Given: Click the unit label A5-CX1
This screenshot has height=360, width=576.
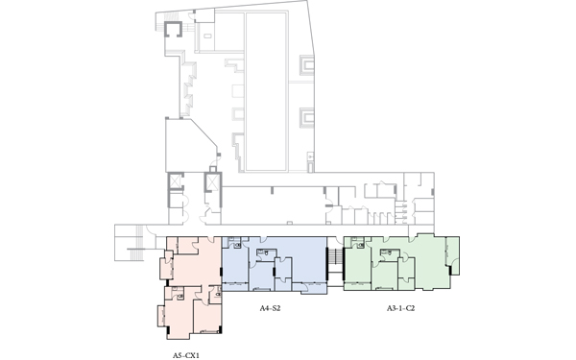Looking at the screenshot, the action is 186,355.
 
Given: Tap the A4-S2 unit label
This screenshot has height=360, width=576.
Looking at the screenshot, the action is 270,308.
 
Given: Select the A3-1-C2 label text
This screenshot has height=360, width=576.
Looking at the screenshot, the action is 400,308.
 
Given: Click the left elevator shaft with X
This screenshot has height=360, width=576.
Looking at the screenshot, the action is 176,181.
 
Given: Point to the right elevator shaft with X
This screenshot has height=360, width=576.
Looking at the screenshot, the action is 213,181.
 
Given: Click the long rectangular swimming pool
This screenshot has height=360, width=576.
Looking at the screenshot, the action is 266,92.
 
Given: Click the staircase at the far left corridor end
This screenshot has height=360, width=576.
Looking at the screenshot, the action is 139,243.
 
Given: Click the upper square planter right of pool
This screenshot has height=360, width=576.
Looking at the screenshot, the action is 307,65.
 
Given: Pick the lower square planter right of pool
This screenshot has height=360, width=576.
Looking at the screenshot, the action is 307,118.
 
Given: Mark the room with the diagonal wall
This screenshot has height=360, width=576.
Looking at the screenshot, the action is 191,145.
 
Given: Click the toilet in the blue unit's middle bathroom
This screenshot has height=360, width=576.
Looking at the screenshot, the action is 265,253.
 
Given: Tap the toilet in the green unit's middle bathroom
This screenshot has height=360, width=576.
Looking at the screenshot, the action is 389,253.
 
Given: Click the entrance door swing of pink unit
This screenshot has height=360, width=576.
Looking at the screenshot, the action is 211,239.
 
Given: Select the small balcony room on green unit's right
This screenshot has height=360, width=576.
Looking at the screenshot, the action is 452,255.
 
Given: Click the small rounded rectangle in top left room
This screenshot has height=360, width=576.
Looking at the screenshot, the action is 207,36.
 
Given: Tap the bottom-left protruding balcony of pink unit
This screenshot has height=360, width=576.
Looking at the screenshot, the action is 161,316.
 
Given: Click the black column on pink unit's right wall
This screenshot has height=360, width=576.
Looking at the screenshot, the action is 221,273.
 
